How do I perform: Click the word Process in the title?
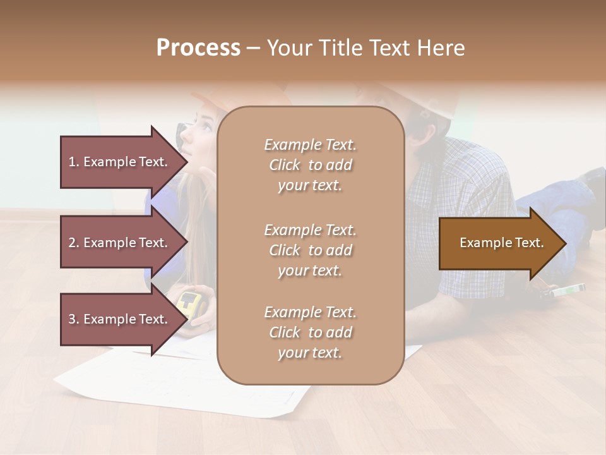pos(198,48)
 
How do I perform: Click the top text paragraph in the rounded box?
pos(310,165)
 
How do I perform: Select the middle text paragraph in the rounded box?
pos(310,250)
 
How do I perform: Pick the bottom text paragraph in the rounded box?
pos(310,332)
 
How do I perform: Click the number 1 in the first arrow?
pos(72,162)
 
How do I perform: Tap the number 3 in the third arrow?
pos(72,319)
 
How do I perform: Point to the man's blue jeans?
pos(562,202)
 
